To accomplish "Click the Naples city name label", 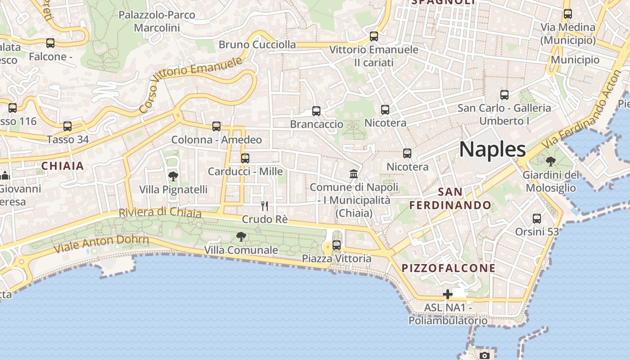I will click(492, 149).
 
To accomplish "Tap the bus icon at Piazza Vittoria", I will click(337, 245).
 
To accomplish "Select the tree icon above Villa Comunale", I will click(241, 236).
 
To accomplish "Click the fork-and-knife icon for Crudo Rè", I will click(265, 206).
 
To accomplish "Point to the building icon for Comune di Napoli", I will click(354, 174).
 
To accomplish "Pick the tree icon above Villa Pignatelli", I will click(173, 176).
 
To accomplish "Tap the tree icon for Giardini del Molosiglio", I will click(550, 162).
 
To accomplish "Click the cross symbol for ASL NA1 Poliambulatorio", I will click(447, 294).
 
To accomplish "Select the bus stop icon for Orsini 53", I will click(537, 219).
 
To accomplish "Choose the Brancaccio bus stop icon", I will click(316, 111).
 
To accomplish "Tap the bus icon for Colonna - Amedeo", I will click(216, 126).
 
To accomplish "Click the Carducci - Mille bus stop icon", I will click(245, 158).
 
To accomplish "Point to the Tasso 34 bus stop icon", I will click(67, 126).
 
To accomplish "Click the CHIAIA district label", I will click(63, 166).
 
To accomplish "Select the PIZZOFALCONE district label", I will click(448, 269).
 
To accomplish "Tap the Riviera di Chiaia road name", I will click(160, 212).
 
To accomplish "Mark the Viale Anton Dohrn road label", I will click(101, 243).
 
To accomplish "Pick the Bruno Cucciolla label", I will click(257, 45).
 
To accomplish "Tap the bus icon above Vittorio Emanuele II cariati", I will click(374, 36).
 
